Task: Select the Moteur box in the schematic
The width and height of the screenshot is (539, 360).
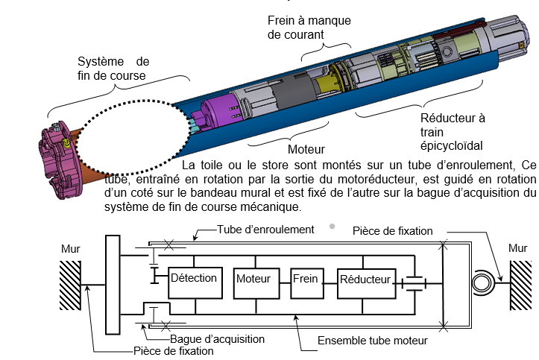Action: pos(253,280)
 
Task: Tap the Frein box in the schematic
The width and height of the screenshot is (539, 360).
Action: pos(305,280)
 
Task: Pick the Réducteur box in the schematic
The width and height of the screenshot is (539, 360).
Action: pos(365,280)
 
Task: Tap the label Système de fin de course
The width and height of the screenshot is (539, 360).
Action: pos(114,67)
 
